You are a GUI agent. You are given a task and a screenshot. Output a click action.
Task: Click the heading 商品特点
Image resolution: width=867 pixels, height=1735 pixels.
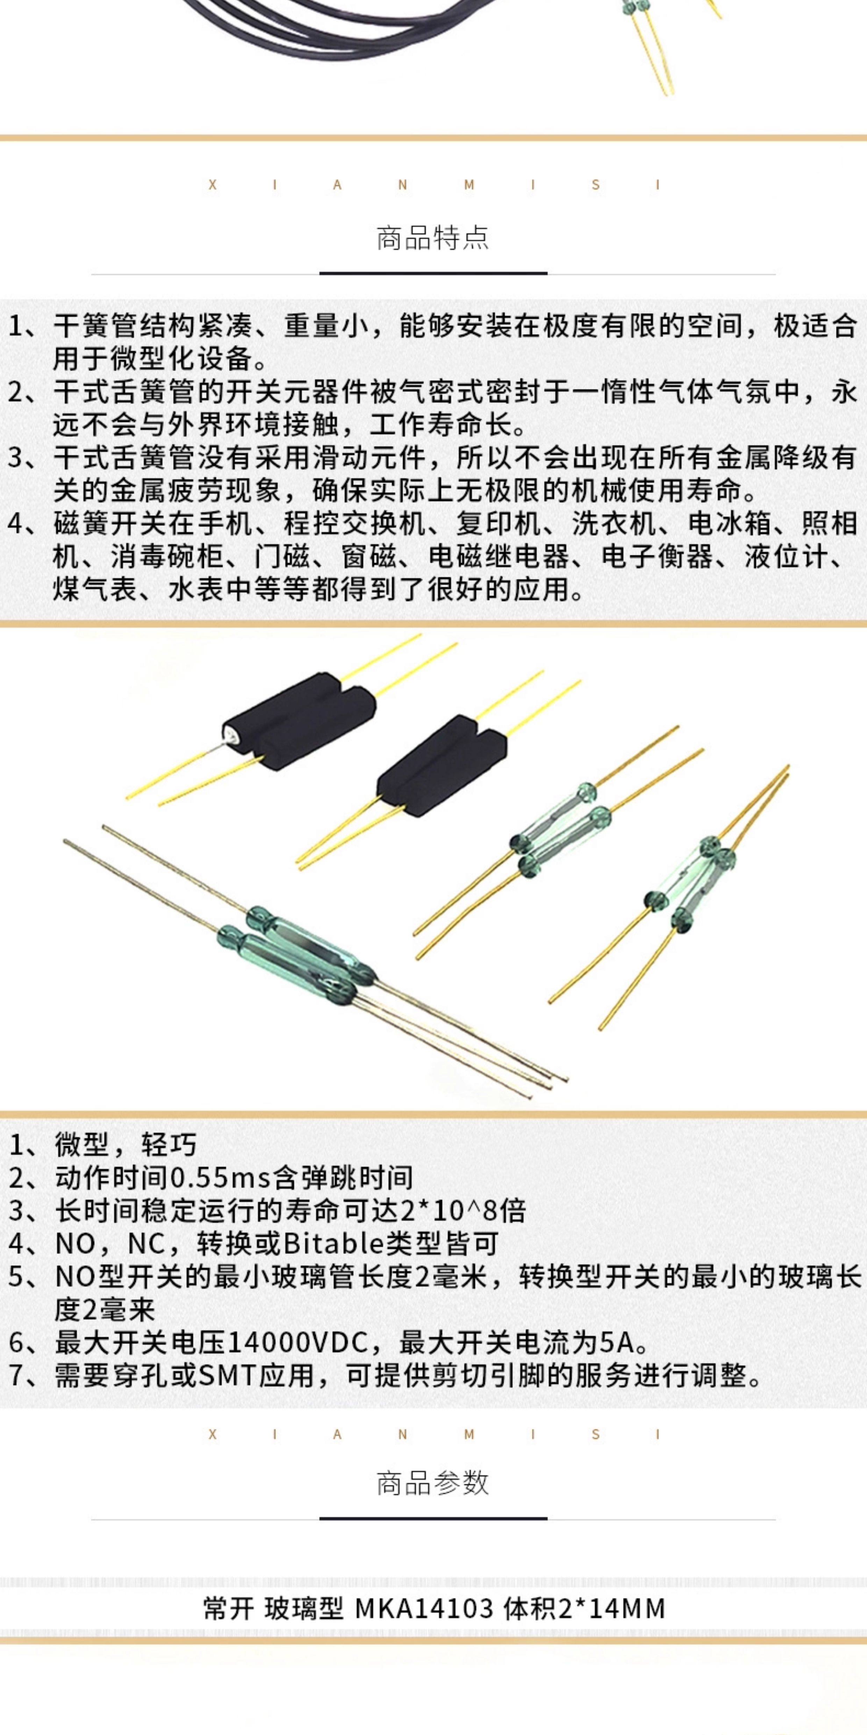pyautogui.click(x=433, y=239)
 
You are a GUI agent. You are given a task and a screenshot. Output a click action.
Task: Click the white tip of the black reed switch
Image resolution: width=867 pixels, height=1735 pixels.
pyautogui.click(x=230, y=732)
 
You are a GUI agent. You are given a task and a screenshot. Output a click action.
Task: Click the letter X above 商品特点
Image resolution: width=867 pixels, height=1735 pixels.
pyautogui.click(x=213, y=185)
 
